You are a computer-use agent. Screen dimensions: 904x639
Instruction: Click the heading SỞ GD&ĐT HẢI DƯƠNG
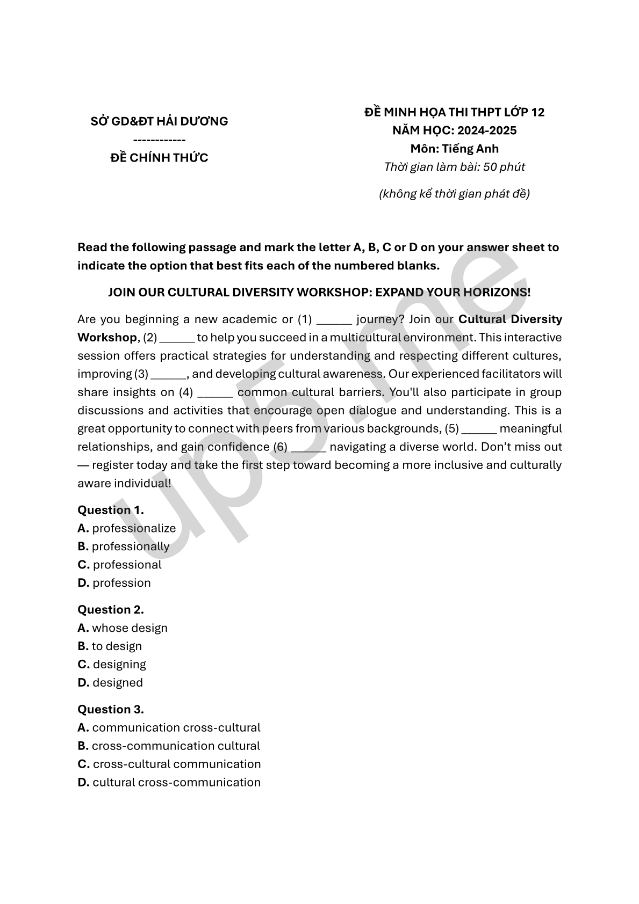click(x=159, y=121)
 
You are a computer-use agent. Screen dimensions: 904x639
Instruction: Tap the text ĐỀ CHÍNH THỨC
click(x=159, y=158)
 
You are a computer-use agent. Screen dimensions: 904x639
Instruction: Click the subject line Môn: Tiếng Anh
click(x=454, y=149)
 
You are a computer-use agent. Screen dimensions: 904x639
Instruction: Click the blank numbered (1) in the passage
click(x=334, y=320)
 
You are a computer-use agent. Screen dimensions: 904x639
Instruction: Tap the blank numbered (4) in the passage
click(x=215, y=393)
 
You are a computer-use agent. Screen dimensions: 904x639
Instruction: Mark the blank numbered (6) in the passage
click(x=308, y=448)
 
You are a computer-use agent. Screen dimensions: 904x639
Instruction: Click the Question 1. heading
click(x=111, y=510)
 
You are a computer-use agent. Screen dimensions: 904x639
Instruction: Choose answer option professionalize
click(x=134, y=528)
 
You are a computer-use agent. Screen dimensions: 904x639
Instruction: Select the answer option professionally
click(x=130, y=546)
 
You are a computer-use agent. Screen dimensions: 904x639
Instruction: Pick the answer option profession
click(x=121, y=583)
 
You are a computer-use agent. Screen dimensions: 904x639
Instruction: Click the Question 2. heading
click(x=111, y=610)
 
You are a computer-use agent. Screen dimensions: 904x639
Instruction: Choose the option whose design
click(x=130, y=628)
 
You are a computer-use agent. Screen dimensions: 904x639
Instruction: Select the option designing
click(x=119, y=665)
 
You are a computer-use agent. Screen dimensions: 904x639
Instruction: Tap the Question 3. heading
click(x=111, y=710)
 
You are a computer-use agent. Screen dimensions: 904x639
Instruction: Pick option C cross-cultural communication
click(x=176, y=764)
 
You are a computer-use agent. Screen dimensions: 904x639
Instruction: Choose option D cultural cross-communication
click(x=176, y=783)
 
